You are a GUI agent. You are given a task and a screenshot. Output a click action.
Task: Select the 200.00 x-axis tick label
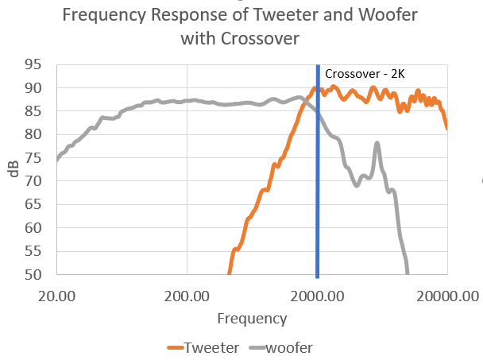(x=187, y=296)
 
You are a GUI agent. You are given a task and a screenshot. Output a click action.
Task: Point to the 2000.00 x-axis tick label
(x=318, y=296)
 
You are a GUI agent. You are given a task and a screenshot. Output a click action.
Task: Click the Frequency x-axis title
(x=252, y=319)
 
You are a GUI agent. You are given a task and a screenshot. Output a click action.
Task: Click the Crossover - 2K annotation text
(x=365, y=74)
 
